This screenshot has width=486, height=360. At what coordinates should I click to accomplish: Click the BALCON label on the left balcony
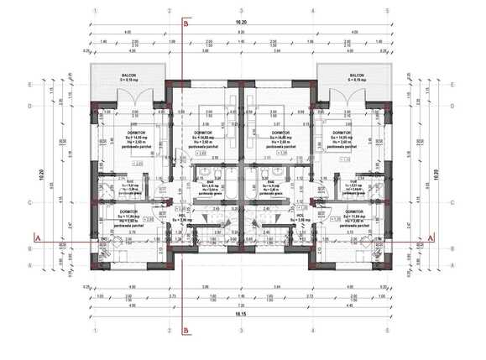[128, 74]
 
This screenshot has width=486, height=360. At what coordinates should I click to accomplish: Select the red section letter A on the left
[36, 238]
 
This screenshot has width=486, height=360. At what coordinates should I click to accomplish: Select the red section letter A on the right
[431, 238]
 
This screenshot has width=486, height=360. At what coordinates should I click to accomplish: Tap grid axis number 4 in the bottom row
[313, 330]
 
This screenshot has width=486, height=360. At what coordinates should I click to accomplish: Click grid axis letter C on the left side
[29, 203]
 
